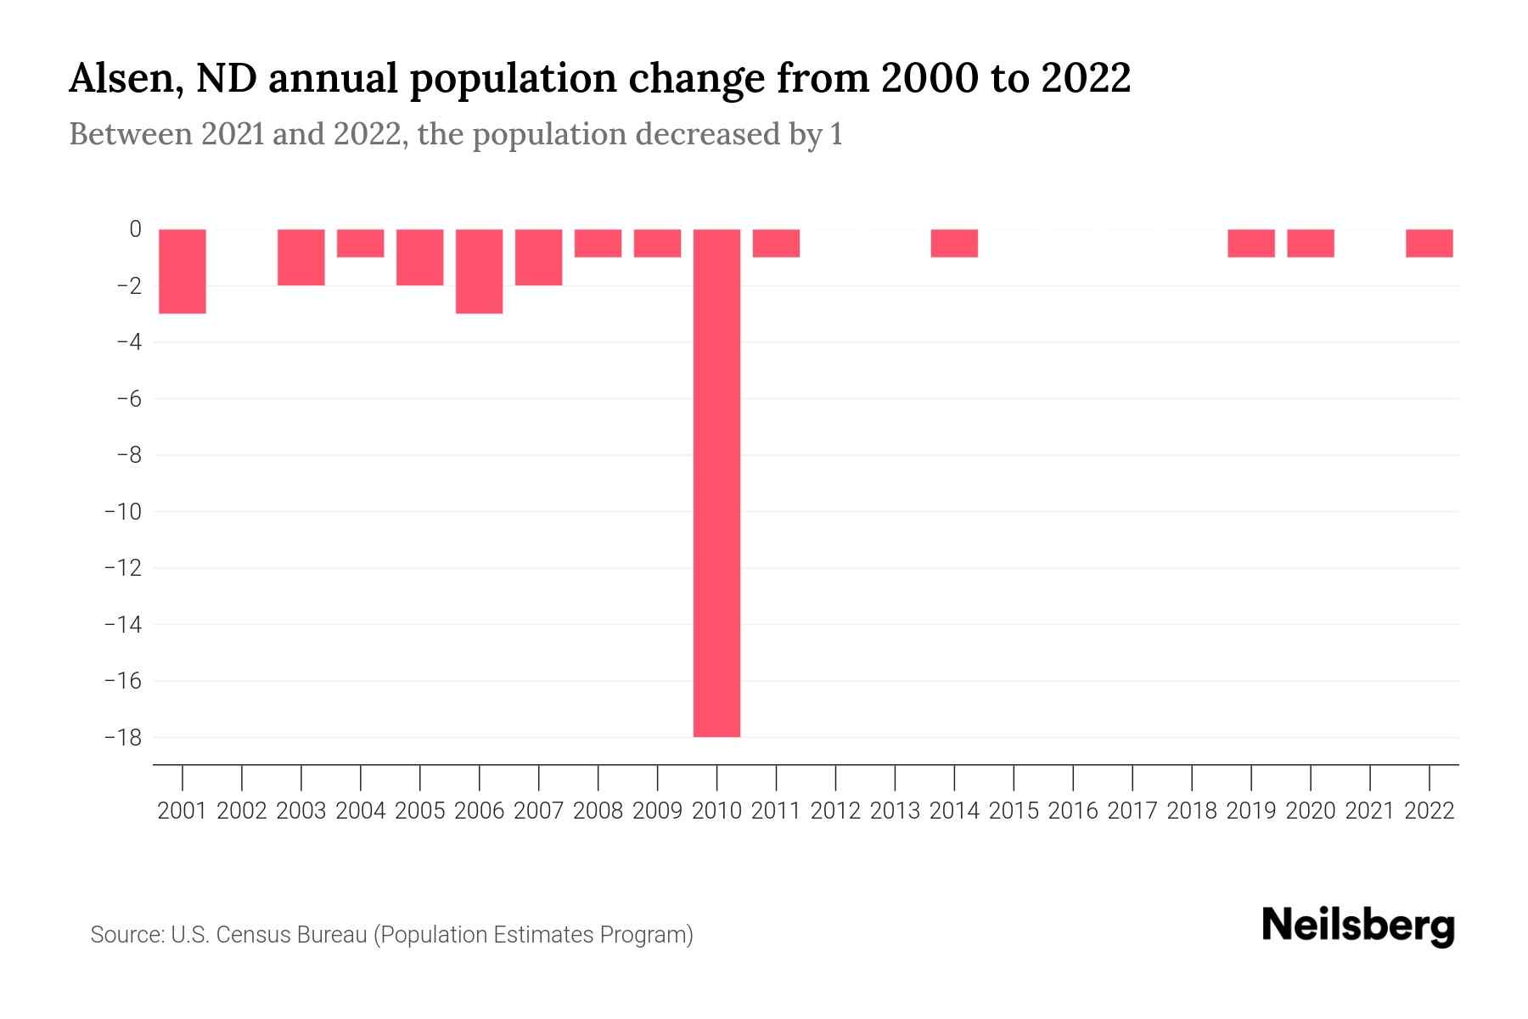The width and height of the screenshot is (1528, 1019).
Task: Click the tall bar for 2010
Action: [x=716, y=482]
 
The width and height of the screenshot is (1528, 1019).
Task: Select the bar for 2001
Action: [x=183, y=271]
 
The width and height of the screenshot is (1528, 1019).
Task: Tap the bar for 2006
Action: [x=479, y=271]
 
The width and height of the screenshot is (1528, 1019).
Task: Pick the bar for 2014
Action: [x=954, y=243]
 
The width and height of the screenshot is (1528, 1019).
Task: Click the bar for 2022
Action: [x=1429, y=243]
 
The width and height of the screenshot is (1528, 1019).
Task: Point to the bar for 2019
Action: [x=1250, y=243]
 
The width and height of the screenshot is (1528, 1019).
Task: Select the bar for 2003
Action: [x=301, y=257]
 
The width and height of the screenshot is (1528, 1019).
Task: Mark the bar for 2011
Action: [x=776, y=243]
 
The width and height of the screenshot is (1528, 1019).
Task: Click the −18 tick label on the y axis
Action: [x=122, y=737]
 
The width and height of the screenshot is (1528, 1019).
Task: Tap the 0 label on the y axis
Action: [x=135, y=229]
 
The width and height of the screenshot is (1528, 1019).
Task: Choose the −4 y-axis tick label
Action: [x=127, y=342]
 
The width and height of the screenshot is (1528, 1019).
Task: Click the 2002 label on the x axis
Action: [x=242, y=811]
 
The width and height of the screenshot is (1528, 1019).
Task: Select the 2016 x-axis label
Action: [x=1073, y=811]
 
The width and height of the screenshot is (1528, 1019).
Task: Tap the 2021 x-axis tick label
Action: [x=1369, y=811]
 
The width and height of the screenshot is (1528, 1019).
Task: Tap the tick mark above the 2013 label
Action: [x=895, y=776]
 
